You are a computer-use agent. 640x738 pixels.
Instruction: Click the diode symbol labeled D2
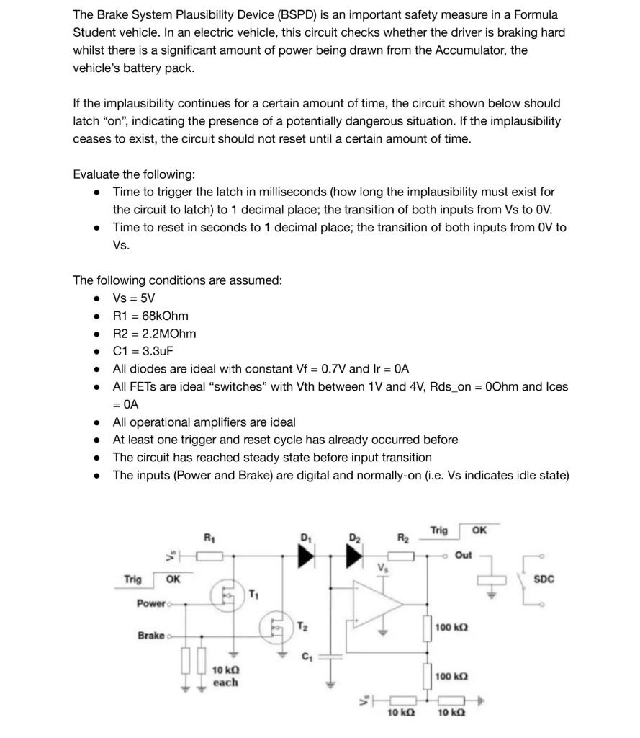click(354, 556)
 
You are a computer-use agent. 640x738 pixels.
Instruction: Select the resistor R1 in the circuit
click(211, 556)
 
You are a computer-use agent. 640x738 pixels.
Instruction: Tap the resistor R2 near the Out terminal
click(402, 556)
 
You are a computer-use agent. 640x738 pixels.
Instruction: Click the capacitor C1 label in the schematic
click(307, 656)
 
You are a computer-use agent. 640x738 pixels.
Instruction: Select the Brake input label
click(151, 636)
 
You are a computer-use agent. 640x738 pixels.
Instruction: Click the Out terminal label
click(464, 555)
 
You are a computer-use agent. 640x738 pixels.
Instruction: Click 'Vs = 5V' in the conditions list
click(134, 298)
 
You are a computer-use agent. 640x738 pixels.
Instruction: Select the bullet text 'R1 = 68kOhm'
click(150, 316)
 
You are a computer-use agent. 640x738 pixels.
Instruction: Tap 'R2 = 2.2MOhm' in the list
click(154, 334)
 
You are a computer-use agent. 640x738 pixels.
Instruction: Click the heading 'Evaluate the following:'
click(134, 174)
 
